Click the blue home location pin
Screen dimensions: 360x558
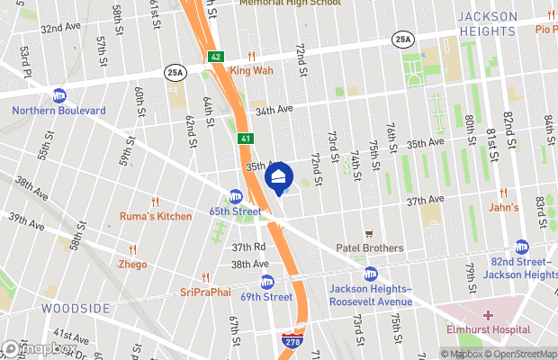(279, 176)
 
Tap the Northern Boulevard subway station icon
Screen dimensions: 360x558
(59, 94)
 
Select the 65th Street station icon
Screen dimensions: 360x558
(236, 195)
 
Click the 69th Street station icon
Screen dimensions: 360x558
(265, 281)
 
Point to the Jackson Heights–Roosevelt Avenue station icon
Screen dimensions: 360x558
(370, 274)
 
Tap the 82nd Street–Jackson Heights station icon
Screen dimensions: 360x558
(522, 246)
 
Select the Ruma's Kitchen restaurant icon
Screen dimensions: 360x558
(156, 202)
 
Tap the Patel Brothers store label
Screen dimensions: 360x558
(369, 247)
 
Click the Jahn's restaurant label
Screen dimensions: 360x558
(503, 207)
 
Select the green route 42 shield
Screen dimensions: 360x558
(216, 57)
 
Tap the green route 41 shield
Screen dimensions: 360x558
(246, 139)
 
